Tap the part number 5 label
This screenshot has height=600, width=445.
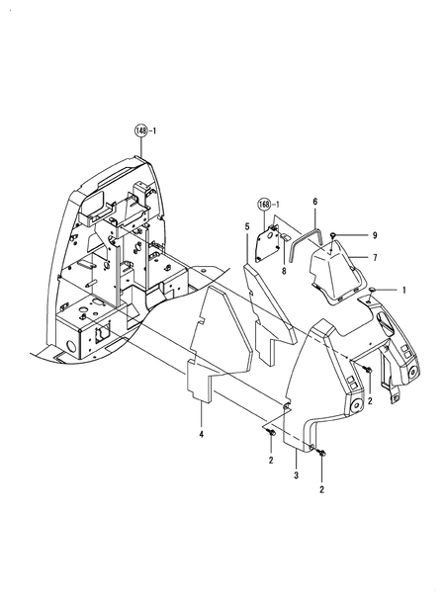coord(246,226)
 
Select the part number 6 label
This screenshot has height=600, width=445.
coord(314,202)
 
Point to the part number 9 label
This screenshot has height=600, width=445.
coord(375,234)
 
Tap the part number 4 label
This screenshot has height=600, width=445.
coord(201,434)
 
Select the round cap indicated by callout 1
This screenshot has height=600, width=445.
coord(373,289)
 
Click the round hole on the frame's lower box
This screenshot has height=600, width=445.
coord(70,347)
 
